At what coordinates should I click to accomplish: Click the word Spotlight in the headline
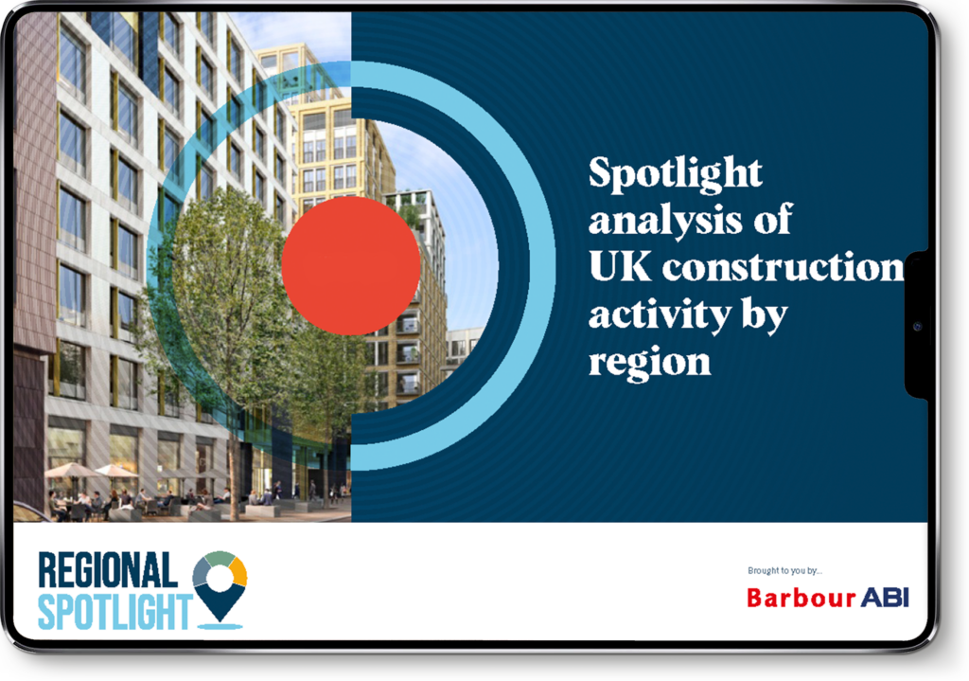[x=676, y=174]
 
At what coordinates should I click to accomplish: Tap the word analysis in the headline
[x=665, y=221]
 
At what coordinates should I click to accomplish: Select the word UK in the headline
[x=619, y=266]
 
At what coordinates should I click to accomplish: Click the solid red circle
[x=351, y=266]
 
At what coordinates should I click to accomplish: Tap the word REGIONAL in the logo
[x=108, y=570]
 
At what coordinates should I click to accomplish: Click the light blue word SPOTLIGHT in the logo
[x=115, y=611]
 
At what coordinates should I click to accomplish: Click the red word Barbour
[x=801, y=598]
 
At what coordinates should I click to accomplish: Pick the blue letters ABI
[x=885, y=598]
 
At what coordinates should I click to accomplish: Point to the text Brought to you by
[x=784, y=570]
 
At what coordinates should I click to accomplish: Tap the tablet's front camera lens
[x=917, y=326]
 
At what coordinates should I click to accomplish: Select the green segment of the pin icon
[x=219, y=557]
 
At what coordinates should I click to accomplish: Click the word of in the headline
[x=773, y=219]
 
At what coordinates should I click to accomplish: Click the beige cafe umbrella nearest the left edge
[x=72, y=471]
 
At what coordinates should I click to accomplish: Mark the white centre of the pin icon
[x=220, y=578]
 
